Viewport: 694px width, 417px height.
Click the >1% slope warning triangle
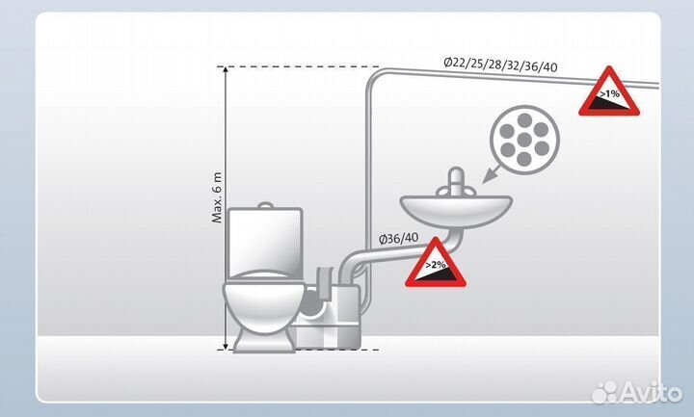click(x=608, y=93)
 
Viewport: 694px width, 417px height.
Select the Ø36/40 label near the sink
click(x=397, y=237)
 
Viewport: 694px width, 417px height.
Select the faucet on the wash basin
click(x=459, y=180)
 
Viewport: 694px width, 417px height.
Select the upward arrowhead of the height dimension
click(x=225, y=71)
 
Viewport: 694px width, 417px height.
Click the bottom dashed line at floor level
click(x=289, y=351)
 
